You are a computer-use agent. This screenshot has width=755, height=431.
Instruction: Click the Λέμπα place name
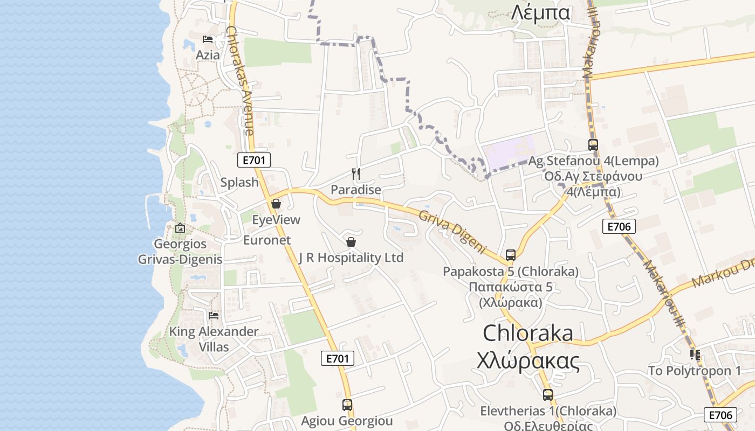click(540, 12)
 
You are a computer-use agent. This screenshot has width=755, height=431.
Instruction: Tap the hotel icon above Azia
click(208, 39)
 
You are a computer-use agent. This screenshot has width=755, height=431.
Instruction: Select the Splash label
click(239, 182)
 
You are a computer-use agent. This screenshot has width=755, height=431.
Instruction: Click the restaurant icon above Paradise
click(355, 173)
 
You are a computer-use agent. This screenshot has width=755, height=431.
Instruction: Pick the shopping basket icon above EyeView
click(276, 204)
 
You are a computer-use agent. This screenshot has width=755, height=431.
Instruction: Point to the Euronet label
click(267, 240)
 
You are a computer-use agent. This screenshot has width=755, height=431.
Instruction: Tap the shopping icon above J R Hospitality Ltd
click(351, 242)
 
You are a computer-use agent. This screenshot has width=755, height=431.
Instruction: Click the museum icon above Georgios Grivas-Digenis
click(180, 228)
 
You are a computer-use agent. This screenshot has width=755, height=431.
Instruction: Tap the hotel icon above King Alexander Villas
click(214, 315)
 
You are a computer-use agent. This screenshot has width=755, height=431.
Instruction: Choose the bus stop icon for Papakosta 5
click(510, 255)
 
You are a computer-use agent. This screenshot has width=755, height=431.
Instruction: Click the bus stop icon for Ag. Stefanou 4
click(593, 144)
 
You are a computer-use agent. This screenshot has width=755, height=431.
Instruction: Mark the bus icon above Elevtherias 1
click(548, 395)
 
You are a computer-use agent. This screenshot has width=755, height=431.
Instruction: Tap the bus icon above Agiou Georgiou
click(347, 405)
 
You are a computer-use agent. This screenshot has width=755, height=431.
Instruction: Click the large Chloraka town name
click(528, 333)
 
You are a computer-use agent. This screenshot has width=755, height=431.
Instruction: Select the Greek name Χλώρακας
click(528, 362)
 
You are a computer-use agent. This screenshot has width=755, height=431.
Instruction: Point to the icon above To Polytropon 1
click(695, 354)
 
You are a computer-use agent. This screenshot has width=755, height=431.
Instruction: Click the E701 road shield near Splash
click(254, 159)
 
